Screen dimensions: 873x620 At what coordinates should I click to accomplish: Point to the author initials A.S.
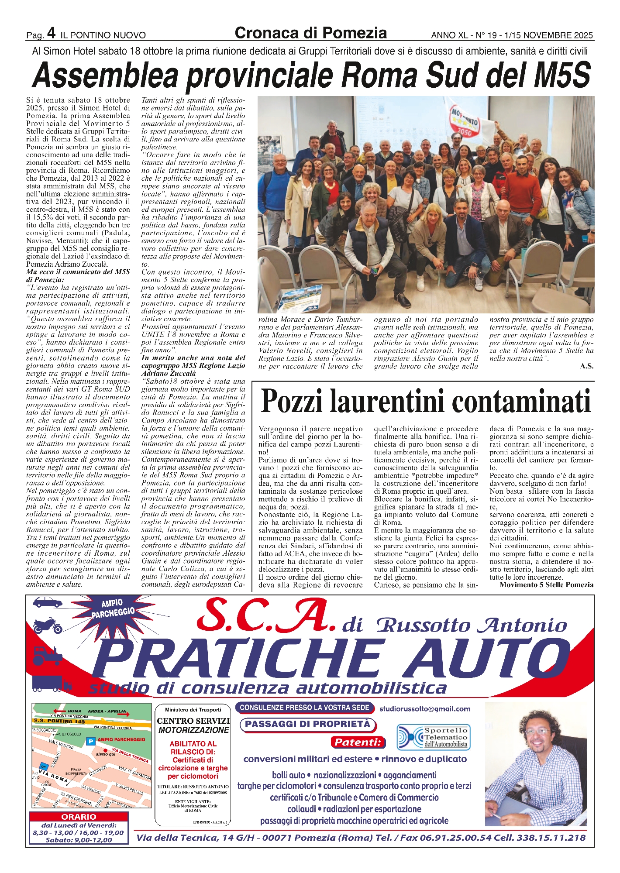point(586,366)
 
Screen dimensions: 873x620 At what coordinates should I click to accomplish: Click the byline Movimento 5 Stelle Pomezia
point(546,584)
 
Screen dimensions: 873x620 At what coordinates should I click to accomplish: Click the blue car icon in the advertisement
point(47,602)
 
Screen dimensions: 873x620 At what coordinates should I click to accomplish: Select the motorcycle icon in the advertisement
point(47,626)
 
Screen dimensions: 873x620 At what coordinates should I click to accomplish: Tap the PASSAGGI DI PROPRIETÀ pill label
point(307,724)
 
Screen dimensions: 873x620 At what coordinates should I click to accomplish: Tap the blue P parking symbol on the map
point(91,741)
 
